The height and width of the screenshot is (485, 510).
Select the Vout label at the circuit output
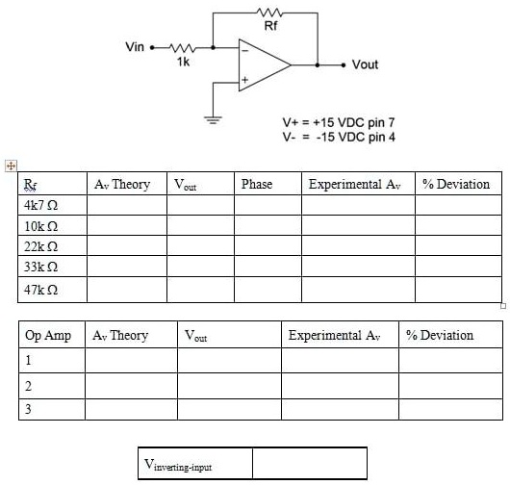point(366,64)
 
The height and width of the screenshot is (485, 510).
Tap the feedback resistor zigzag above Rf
point(269,13)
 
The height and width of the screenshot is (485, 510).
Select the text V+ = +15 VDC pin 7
point(338,123)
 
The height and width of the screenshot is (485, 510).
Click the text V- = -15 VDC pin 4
point(338,138)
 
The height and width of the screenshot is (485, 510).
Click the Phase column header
point(257,184)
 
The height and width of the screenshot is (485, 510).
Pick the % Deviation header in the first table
point(456,184)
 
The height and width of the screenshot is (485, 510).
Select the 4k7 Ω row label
point(40,206)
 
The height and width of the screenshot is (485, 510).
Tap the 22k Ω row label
point(42,246)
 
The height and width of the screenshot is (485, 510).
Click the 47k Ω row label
point(42,289)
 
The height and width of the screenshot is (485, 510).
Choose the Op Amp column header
point(48,336)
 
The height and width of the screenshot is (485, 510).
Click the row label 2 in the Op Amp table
point(29,386)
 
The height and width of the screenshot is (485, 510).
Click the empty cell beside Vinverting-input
point(309,464)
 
